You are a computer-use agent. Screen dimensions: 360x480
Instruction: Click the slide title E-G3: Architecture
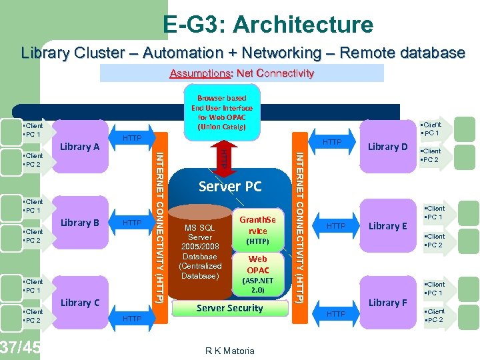(x=268, y=25)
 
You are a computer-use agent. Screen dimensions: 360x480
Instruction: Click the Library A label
(x=79, y=147)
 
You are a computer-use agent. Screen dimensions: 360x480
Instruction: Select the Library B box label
(x=79, y=223)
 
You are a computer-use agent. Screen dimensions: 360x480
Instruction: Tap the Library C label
(x=79, y=302)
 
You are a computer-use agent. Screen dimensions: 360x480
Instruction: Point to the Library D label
(x=387, y=147)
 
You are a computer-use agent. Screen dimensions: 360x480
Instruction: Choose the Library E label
(x=387, y=226)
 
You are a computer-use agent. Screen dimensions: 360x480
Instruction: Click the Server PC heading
(x=230, y=186)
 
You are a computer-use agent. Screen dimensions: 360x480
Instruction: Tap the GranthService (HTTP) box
(x=257, y=229)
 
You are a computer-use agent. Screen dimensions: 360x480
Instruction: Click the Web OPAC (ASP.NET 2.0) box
(x=257, y=273)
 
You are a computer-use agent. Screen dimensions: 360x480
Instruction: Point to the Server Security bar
(x=229, y=308)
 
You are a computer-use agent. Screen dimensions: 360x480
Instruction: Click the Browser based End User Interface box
(x=222, y=112)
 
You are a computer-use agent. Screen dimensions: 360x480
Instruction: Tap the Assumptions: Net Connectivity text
(x=241, y=73)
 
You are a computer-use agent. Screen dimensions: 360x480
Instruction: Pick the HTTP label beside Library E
(x=336, y=226)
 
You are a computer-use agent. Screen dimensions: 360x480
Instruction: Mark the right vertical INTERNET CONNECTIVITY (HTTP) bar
(x=300, y=227)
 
